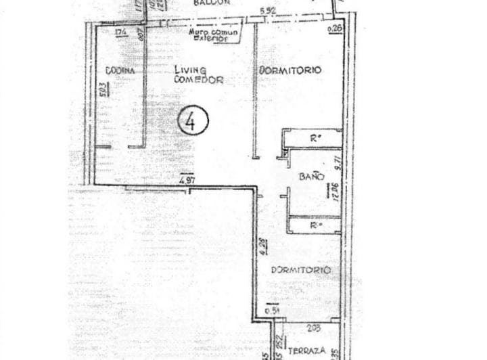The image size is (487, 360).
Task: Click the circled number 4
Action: click(193, 121)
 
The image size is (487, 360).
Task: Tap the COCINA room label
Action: click(120, 71)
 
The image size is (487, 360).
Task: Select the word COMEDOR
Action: click(198, 79)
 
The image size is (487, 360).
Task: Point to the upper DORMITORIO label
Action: click(289, 70)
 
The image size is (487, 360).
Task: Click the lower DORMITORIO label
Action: click(300, 270)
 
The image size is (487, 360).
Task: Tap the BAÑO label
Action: click(310, 177)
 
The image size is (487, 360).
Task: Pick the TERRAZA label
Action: click(308, 351)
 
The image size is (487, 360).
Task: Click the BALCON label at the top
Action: click(211, 3)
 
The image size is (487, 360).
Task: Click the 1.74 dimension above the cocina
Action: click(122, 32)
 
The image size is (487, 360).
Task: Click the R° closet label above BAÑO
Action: click(315, 139)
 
